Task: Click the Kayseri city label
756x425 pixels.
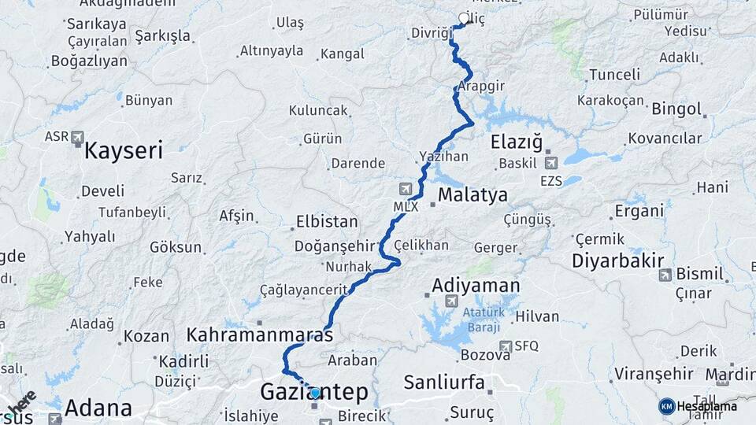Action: coord(124,150)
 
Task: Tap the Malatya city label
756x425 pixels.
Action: coord(472,194)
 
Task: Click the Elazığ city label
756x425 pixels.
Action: coord(517,142)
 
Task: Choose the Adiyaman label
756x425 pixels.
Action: coord(476,285)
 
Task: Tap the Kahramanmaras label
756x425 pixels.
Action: coord(259,334)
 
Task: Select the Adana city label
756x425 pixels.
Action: coord(98,408)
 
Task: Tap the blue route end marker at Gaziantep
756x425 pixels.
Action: coord(315,393)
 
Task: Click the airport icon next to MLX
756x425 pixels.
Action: coord(406,189)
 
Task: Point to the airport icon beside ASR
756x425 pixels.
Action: coord(77,138)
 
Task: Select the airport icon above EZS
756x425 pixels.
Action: coord(550,163)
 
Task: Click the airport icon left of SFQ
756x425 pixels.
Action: coord(505,346)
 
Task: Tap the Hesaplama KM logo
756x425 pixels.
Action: coord(667,406)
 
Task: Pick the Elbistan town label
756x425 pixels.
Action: coord(327,222)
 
